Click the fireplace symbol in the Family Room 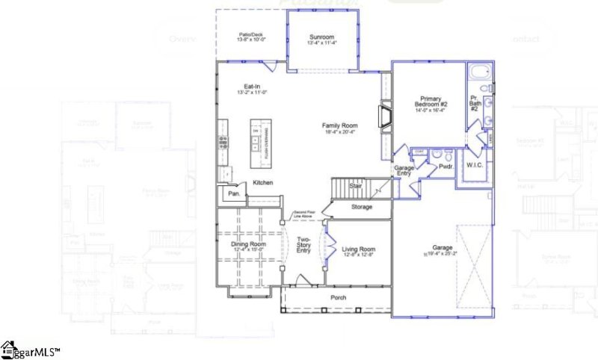tap(385, 118)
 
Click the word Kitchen tap(262, 183)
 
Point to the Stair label tap(356, 186)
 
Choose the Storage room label tap(361, 207)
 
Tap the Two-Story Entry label tap(303, 245)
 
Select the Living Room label tap(359, 249)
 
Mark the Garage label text tap(443, 247)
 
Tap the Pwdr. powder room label tap(447, 168)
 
